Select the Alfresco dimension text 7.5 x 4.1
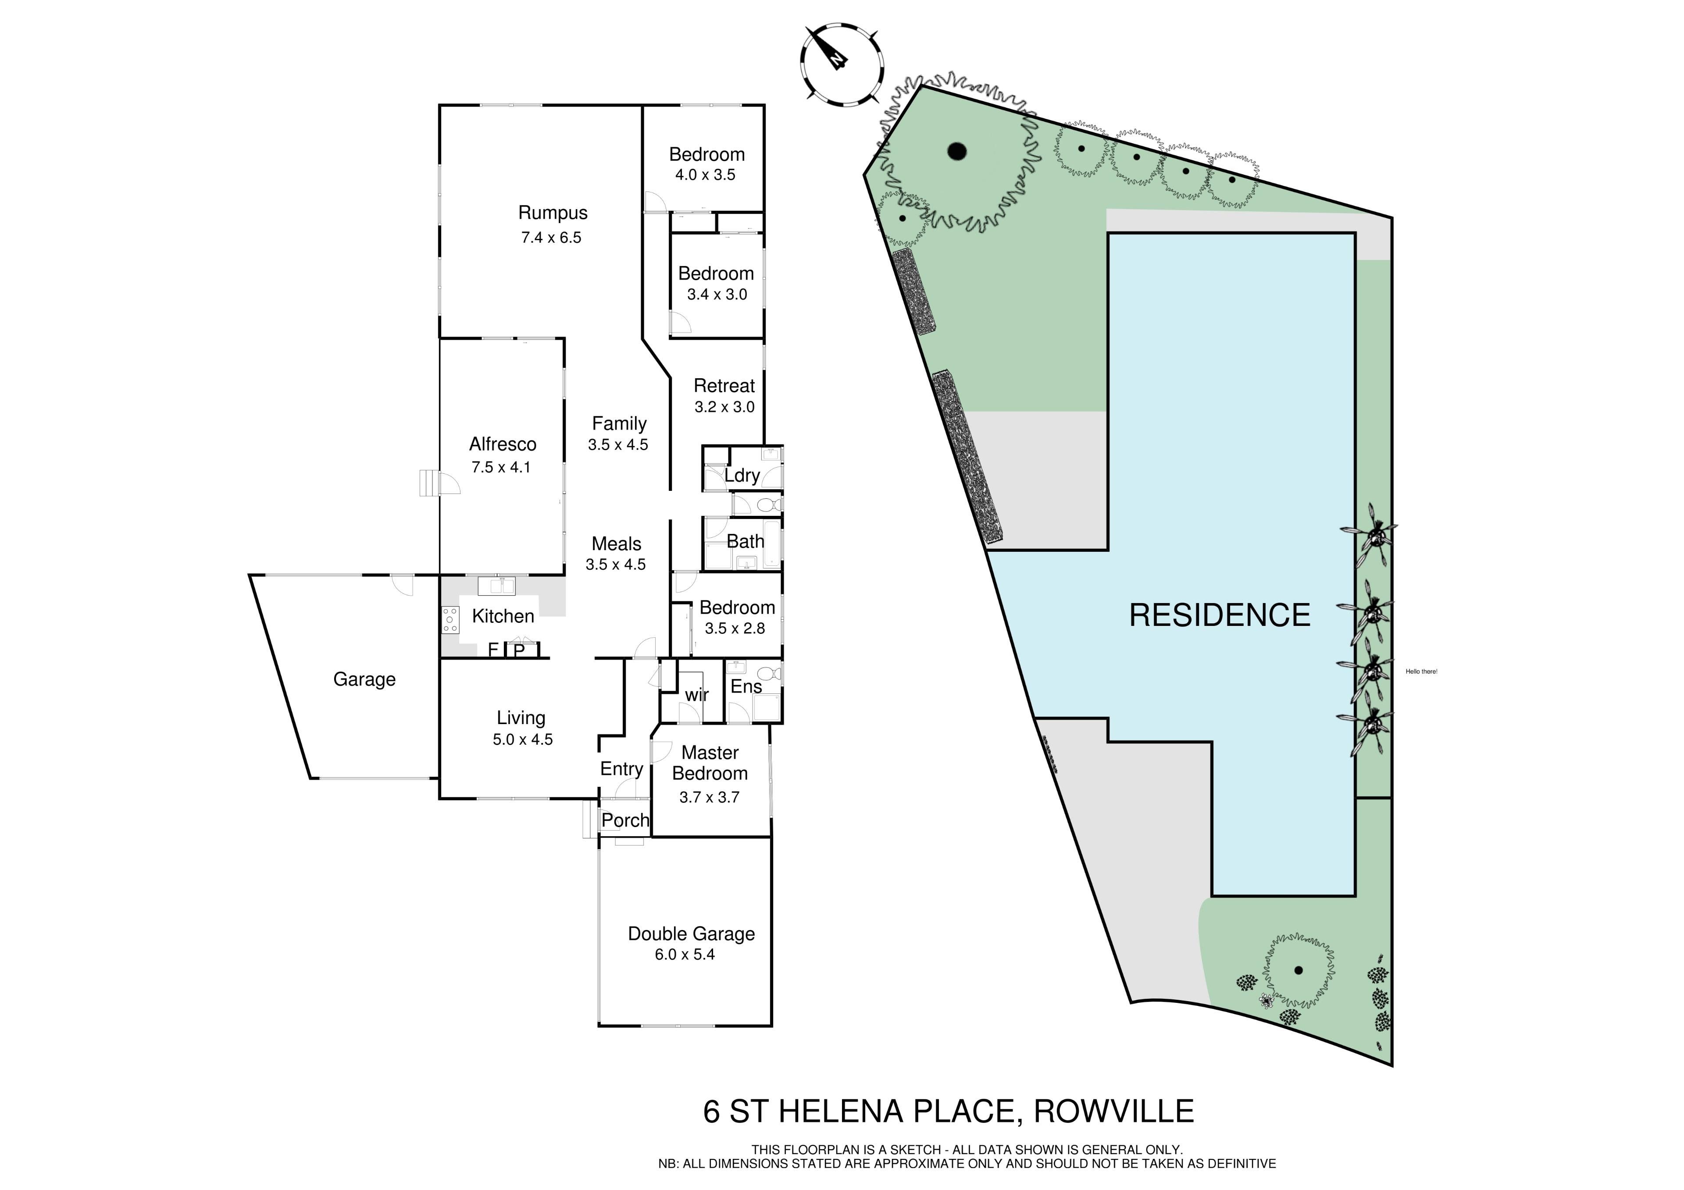click(501, 467)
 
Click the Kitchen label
click(503, 616)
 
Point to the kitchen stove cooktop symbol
click(450, 620)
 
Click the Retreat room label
click(724, 386)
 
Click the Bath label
click(745, 542)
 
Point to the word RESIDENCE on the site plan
click(1220, 615)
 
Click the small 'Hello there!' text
click(1421, 671)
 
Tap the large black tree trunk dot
click(957, 152)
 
